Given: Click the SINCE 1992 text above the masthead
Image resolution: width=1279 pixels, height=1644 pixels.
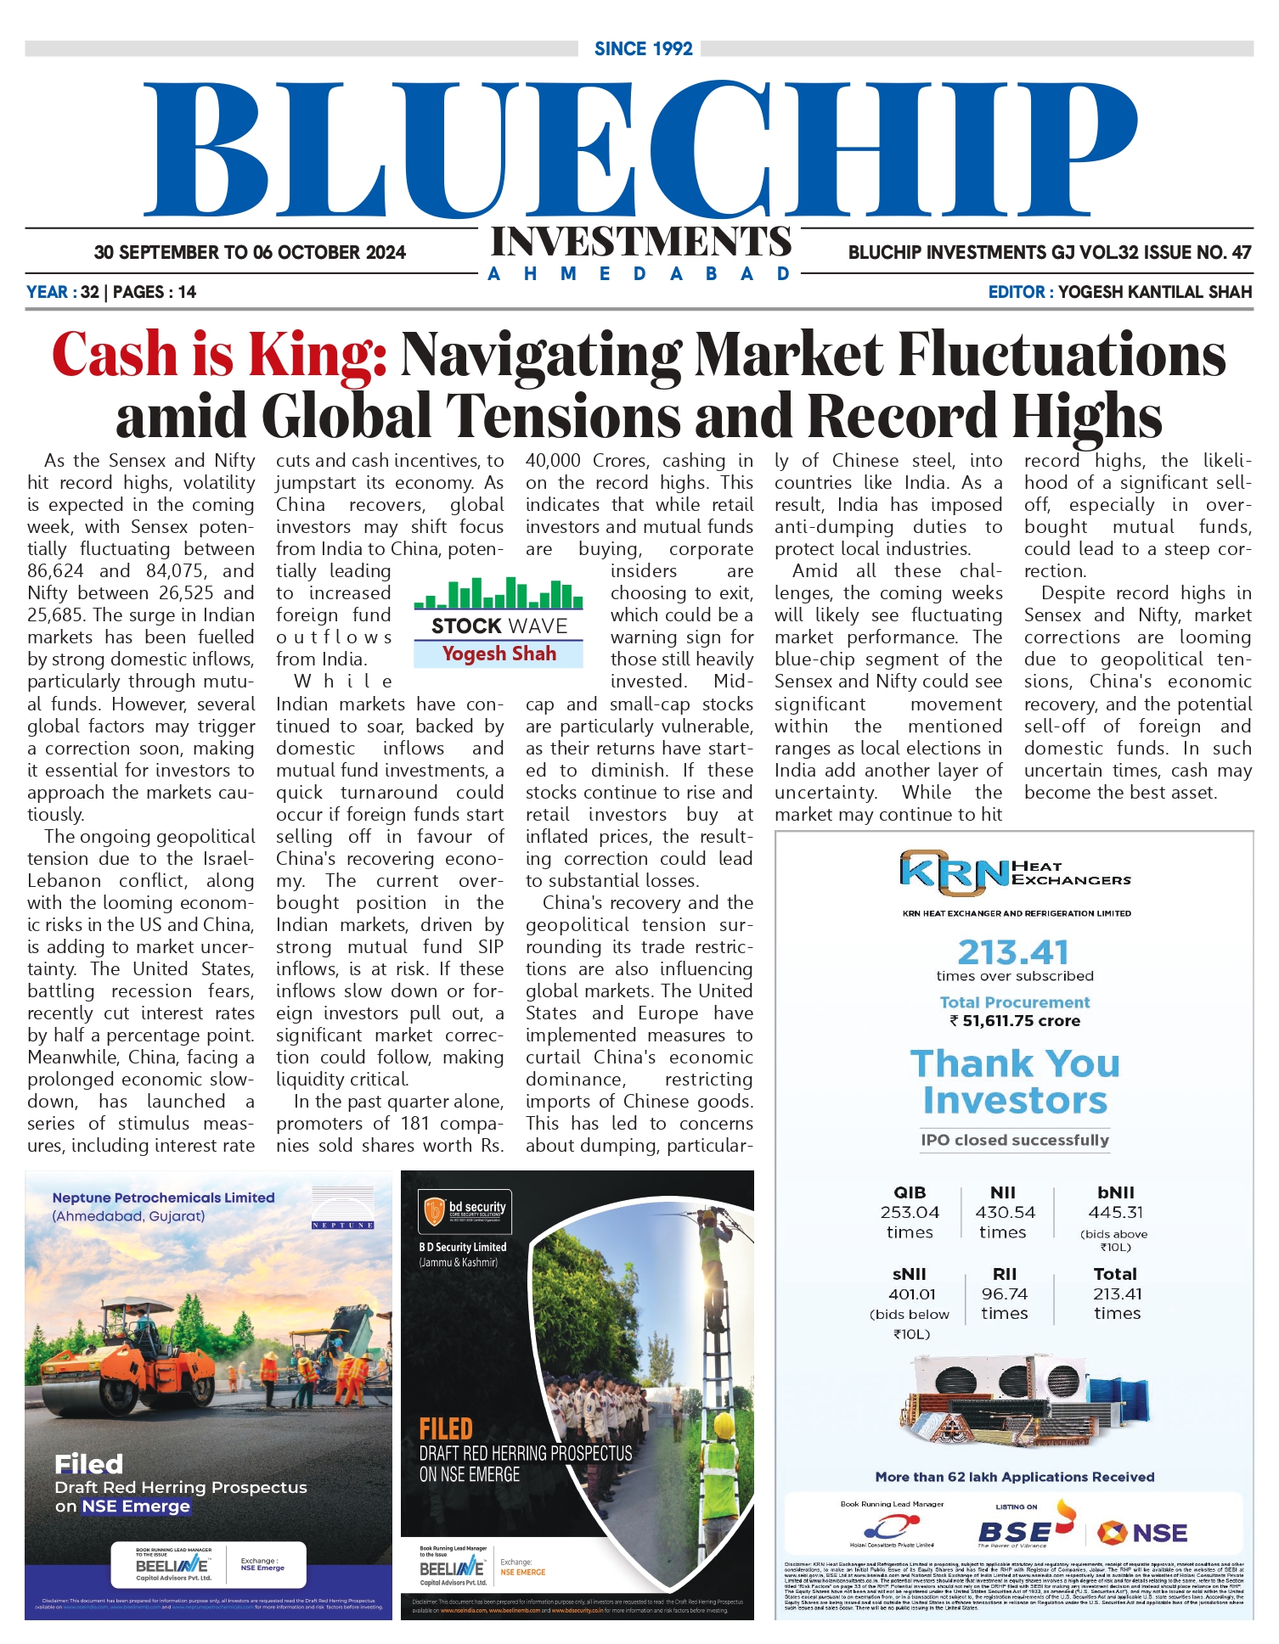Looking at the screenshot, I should (643, 49).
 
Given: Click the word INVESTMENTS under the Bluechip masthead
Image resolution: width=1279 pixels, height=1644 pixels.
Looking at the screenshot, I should (641, 242).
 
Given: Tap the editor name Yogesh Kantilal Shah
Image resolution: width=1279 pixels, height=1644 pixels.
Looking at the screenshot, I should (1154, 292).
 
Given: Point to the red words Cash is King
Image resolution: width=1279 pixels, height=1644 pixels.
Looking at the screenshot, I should (220, 354).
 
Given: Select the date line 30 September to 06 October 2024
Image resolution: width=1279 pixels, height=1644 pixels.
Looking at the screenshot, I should (250, 252).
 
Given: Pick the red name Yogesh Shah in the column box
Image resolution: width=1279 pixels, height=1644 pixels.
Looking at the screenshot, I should (499, 654).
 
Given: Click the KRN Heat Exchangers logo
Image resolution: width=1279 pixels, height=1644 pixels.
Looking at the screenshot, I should (1014, 872).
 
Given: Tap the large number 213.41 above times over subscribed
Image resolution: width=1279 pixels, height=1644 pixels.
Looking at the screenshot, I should (1013, 952).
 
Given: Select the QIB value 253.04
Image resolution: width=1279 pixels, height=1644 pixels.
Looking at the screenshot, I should (910, 1212).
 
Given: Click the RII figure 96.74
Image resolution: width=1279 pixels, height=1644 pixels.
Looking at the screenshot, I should (1004, 1293).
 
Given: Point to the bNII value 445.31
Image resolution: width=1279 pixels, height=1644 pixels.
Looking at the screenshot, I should (1115, 1212).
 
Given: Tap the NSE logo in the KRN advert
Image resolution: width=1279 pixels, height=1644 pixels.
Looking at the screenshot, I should (1142, 1533).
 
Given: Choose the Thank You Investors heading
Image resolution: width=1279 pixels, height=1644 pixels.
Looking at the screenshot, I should (1015, 1081).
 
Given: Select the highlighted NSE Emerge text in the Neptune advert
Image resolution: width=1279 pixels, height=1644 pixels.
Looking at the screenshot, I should (136, 1506).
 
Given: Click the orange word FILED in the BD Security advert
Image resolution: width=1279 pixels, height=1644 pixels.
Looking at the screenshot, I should (445, 1428).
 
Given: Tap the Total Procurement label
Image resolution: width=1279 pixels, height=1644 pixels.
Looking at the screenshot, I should (1014, 1002).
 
